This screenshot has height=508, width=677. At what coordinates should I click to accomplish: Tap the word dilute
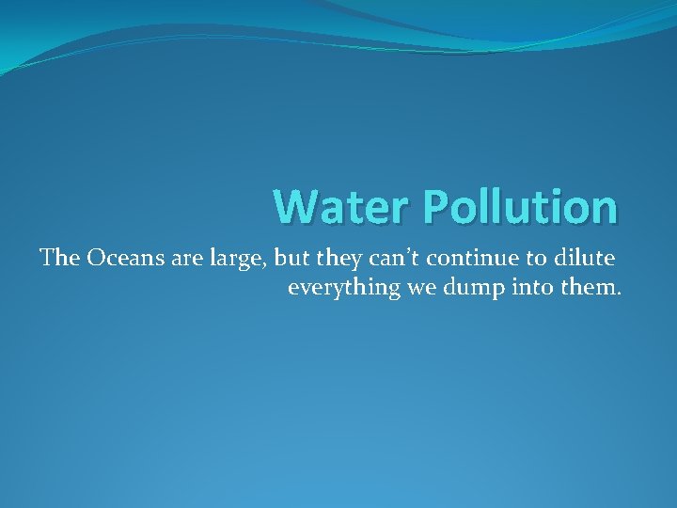(587, 258)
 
